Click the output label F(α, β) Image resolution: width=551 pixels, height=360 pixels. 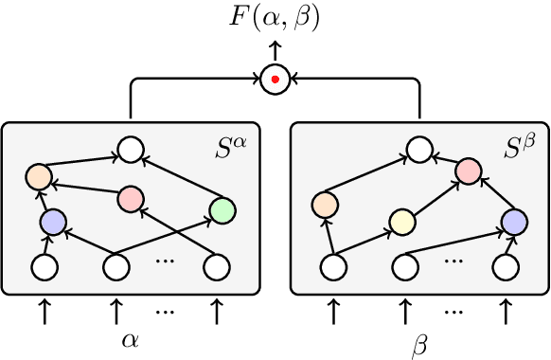point(274,16)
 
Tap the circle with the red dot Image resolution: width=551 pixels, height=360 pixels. point(274,80)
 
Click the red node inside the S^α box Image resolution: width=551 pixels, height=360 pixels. point(131,199)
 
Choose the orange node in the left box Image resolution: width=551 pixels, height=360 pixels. point(38,176)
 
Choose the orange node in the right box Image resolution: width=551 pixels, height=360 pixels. point(325,204)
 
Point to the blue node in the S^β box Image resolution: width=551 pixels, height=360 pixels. point(513,223)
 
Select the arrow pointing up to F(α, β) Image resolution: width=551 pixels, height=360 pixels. point(274,49)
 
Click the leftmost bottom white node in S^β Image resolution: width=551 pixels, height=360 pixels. point(331,269)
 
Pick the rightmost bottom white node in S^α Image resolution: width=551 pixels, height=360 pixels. point(218,269)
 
